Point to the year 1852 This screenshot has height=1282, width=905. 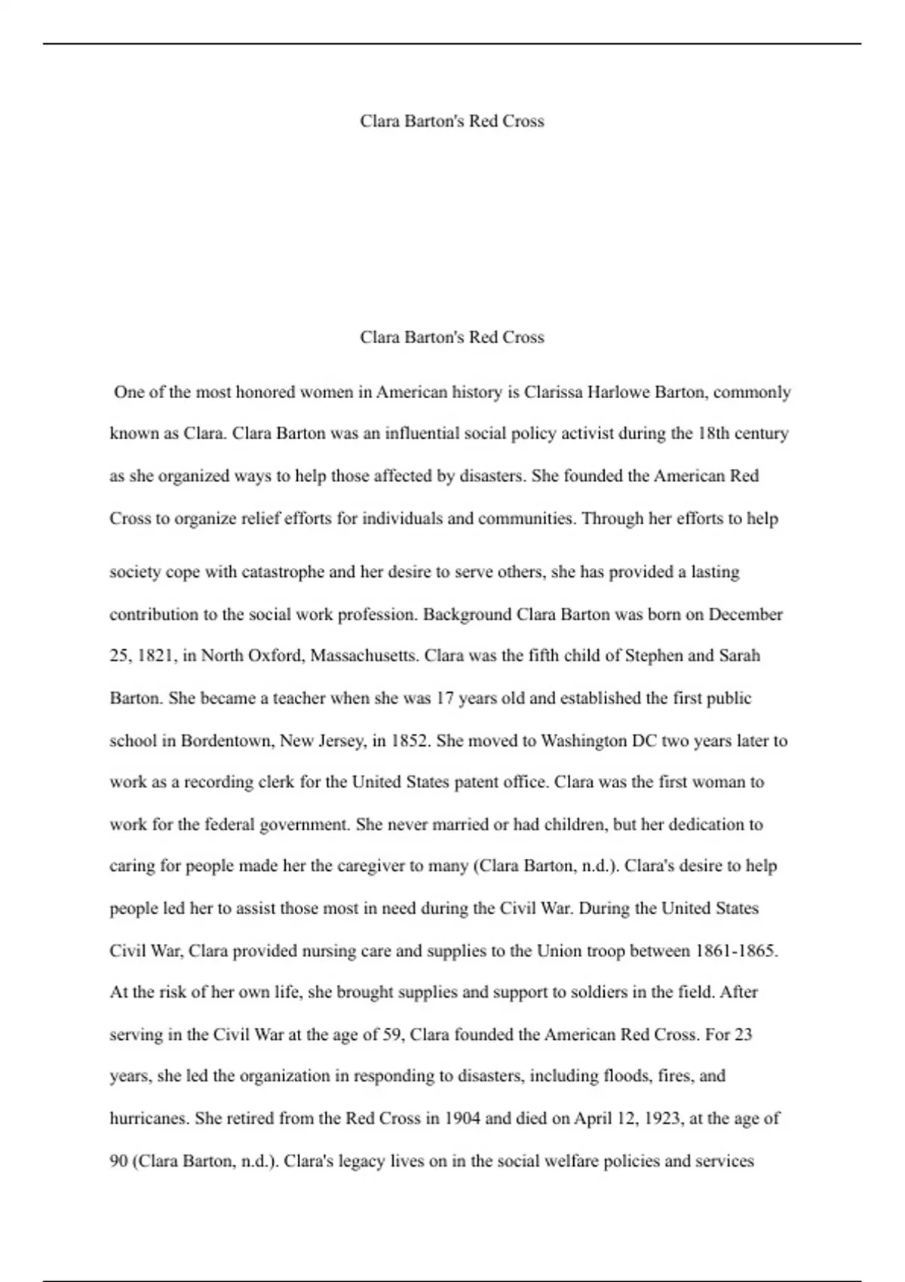(410, 741)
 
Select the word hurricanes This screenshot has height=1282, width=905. (148, 1118)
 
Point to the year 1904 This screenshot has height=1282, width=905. (462, 1118)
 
